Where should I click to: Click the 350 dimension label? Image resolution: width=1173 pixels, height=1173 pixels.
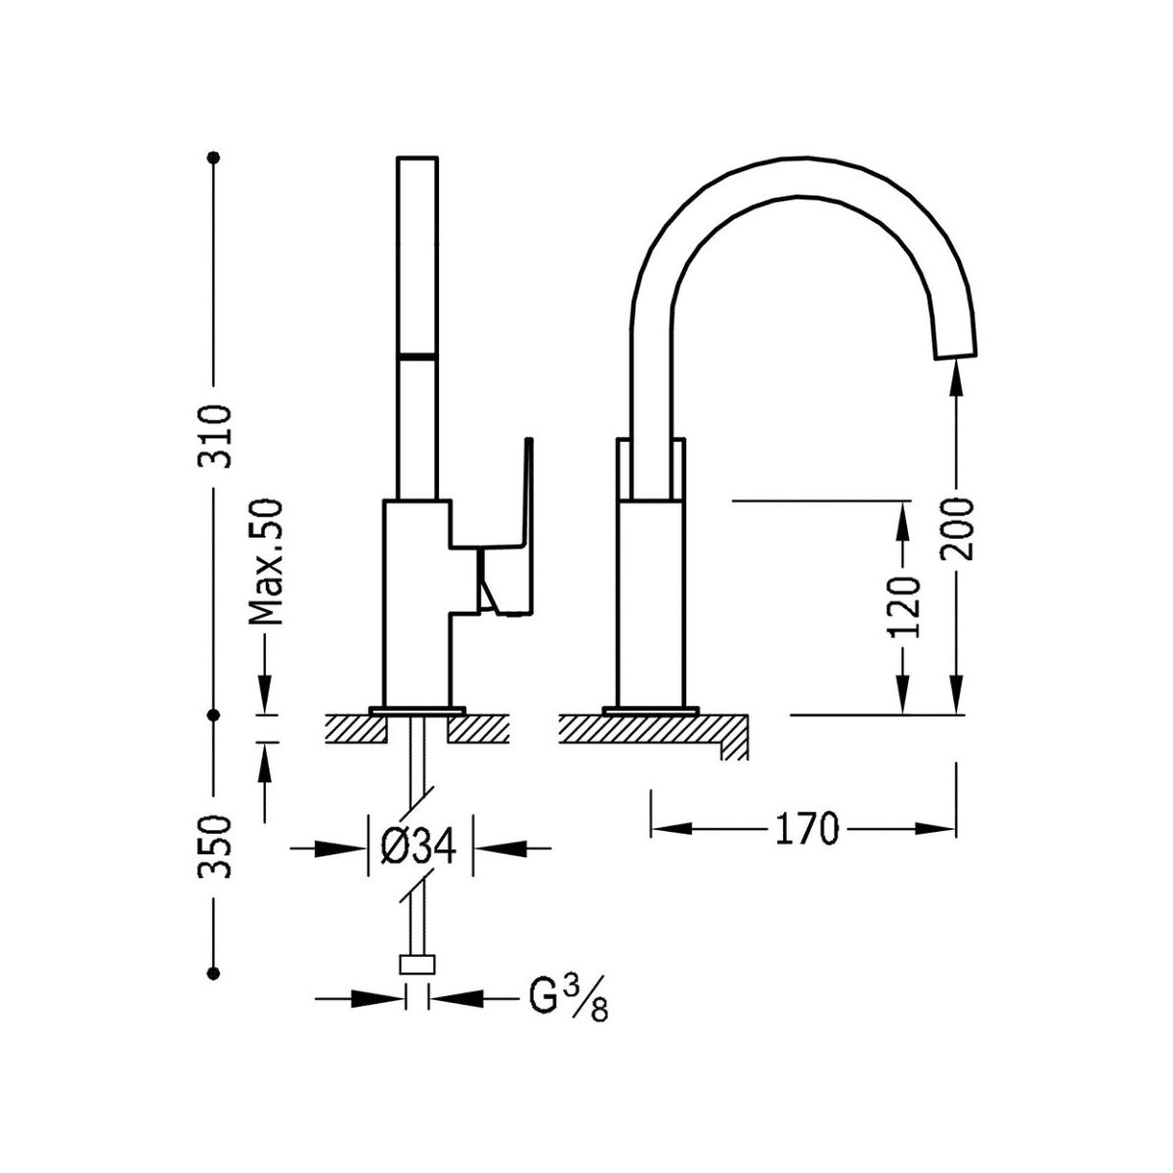(x=214, y=847)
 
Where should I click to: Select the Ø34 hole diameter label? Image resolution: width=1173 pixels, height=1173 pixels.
(x=418, y=847)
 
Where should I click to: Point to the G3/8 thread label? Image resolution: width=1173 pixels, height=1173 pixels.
(x=568, y=999)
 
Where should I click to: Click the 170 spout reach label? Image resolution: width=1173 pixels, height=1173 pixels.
(x=807, y=829)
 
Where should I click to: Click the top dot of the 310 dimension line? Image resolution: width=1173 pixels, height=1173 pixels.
(x=213, y=157)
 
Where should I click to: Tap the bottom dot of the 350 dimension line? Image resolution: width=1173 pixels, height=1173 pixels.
(x=213, y=974)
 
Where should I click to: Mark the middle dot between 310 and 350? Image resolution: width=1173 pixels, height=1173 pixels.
(x=213, y=714)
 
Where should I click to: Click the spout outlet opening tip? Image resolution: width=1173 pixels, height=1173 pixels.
(x=956, y=355)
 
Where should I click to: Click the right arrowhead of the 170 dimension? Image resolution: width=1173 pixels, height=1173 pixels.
(x=934, y=828)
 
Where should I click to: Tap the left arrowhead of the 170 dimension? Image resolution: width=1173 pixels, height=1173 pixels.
(x=672, y=828)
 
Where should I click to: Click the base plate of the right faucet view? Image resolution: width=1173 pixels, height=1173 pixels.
(x=650, y=710)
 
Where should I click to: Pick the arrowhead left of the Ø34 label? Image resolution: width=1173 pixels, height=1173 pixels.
(x=348, y=847)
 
